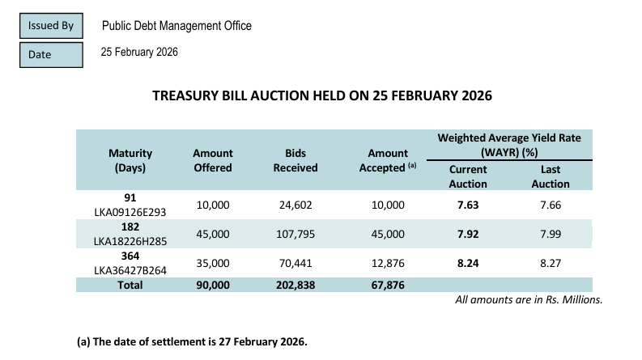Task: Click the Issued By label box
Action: tap(50, 26)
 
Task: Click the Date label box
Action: tap(50, 54)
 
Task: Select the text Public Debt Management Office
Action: tap(176, 26)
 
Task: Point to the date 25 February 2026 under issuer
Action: tap(139, 53)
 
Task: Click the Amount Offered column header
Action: tap(213, 160)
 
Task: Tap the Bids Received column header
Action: tap(295, 160)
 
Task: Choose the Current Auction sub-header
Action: tap(468, 176)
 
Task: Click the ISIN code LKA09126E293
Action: tap(130, 213)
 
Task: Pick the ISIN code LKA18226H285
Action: tap(130, 241)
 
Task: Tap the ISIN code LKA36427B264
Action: tap(130, 270)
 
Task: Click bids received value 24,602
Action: tap(295, 205)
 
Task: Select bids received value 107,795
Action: tap(295, 234)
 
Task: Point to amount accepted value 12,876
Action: tap(388, 263)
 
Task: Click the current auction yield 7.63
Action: tap(468, 205)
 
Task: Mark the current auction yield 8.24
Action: tap(468, 263)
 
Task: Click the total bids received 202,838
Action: tap(295, 285)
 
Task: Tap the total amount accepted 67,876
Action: tap(388, 285)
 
